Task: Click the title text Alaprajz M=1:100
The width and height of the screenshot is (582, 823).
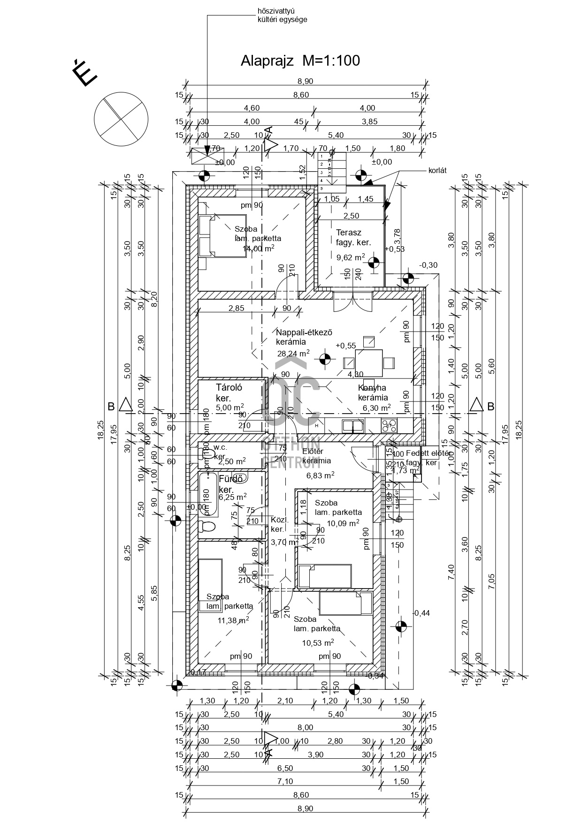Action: (300, 60)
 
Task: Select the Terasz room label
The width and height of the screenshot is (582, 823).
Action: (349, 232)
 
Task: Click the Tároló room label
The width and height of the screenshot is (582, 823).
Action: (229, 387)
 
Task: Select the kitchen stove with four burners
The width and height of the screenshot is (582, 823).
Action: (389, 425)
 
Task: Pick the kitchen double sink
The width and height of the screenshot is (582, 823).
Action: (353, 425)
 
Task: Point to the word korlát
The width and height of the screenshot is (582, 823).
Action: (437, 171)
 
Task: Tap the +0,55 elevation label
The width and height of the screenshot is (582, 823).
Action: (346, 346)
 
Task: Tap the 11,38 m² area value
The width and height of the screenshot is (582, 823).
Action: (233, 620)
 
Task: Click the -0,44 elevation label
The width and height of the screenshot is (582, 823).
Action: (421, 613)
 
